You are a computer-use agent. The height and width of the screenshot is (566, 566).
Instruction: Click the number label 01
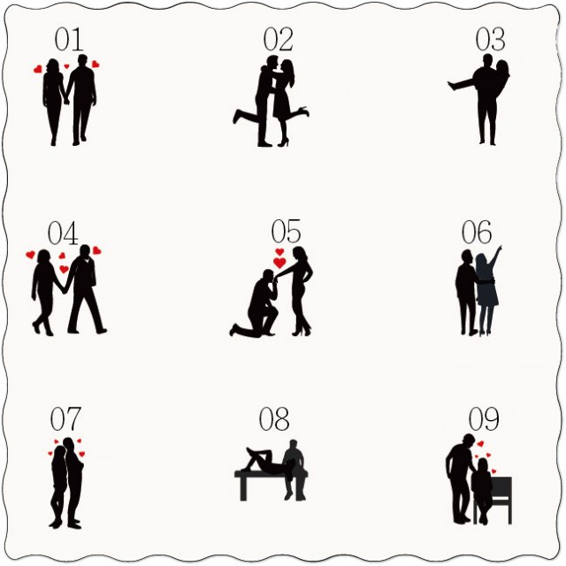coord(69,39)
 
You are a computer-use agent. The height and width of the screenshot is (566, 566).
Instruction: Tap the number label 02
coord(278,39)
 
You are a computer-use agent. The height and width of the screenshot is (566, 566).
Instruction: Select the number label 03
coord(490,39)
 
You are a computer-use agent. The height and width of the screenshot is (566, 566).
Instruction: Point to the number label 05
coord(286,231)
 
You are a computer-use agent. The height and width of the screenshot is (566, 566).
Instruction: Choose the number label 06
coord(477,232)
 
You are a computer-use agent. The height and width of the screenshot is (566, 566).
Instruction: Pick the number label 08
coord(274,418)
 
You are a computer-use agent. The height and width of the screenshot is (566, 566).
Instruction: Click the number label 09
coord(484,418)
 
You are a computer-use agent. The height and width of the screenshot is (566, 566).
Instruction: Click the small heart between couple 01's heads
coord(67,66)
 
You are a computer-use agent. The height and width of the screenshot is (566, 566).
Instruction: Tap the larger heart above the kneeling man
coord(279,263)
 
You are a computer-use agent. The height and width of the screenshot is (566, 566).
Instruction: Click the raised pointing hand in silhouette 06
coord(499,249)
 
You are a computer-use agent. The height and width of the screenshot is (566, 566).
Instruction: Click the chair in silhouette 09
coord(500,500)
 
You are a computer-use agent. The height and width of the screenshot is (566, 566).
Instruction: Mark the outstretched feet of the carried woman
coord(452,85)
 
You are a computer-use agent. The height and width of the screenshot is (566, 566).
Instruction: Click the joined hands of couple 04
coord(65,290)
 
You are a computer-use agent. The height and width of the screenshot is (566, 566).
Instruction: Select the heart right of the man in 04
coord(96,250)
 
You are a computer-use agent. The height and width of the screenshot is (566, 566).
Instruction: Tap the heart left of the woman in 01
coord(38,69)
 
